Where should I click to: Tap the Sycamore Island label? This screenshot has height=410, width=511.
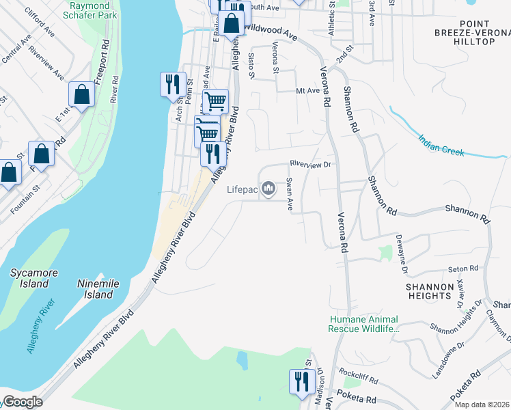point(33,278)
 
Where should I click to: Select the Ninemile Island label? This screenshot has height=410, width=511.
point(98,290)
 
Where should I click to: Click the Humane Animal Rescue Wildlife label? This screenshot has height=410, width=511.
point(363,324)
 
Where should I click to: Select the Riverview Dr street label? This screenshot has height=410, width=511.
point(309,164)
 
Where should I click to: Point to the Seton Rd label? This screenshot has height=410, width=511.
point(460,269)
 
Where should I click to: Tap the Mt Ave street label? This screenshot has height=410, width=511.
point(307,90)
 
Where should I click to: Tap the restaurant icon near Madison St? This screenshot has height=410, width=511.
point(300,381)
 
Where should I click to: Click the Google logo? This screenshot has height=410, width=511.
point(23,402)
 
